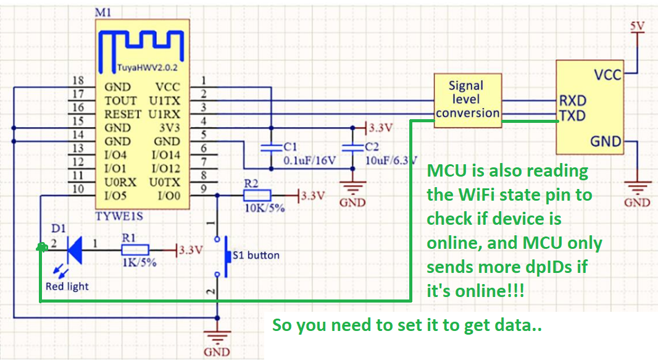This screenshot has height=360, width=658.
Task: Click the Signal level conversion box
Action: (x=467, y=100)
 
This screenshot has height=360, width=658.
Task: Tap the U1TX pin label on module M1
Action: (x=164, y=101)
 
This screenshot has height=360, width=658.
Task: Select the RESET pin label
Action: (x=123, y=114)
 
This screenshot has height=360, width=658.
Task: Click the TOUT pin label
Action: (x=120, y=101)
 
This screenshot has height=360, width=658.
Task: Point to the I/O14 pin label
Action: (x=166, y=155)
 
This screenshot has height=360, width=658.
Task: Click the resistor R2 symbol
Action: (x=257, y=195)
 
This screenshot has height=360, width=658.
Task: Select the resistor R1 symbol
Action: (x=135, y=250)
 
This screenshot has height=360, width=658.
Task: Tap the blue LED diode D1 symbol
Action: (x=75, y=250)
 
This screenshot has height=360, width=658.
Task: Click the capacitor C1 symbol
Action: (x=271, y=148)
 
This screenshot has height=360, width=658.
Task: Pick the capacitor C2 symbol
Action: (x=352, y=148)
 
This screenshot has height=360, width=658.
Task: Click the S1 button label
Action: (x=256, y=255)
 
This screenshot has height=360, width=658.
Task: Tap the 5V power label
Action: (x=637, y=26)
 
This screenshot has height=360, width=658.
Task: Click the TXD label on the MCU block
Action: (x=572, y=115)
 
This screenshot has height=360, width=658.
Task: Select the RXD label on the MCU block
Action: (x=573, y=101)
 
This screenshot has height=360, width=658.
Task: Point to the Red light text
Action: (x=67, y=287)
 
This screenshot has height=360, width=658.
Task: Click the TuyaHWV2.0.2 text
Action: (x=148, y=67)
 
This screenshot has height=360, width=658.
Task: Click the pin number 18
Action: (x=78, y=80)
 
